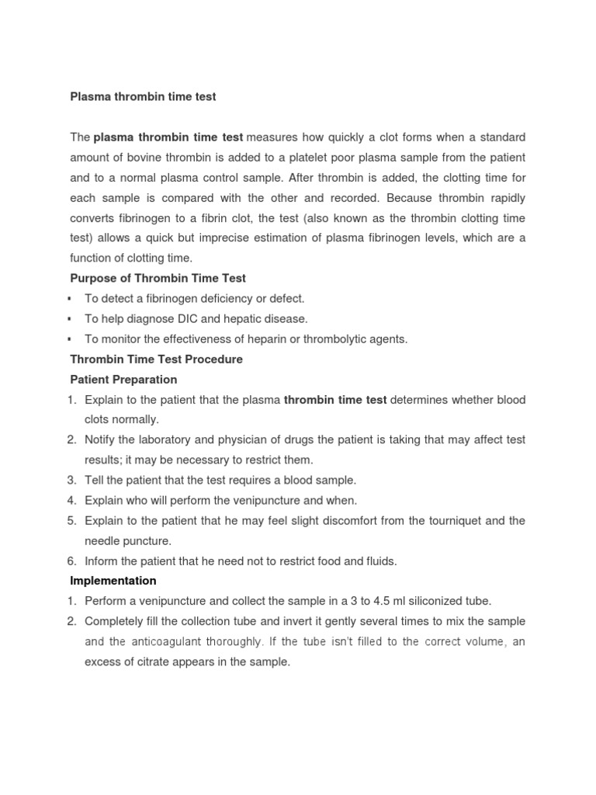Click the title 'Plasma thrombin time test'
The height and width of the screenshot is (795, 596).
tap(143, 97)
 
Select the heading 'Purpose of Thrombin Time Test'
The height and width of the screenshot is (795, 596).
tap(158, 279)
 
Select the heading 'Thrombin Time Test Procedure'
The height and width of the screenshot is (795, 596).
tap(156, 359)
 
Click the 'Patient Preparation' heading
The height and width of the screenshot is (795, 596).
tap(123, 380)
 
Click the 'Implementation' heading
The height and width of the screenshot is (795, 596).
tap(113, 581)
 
